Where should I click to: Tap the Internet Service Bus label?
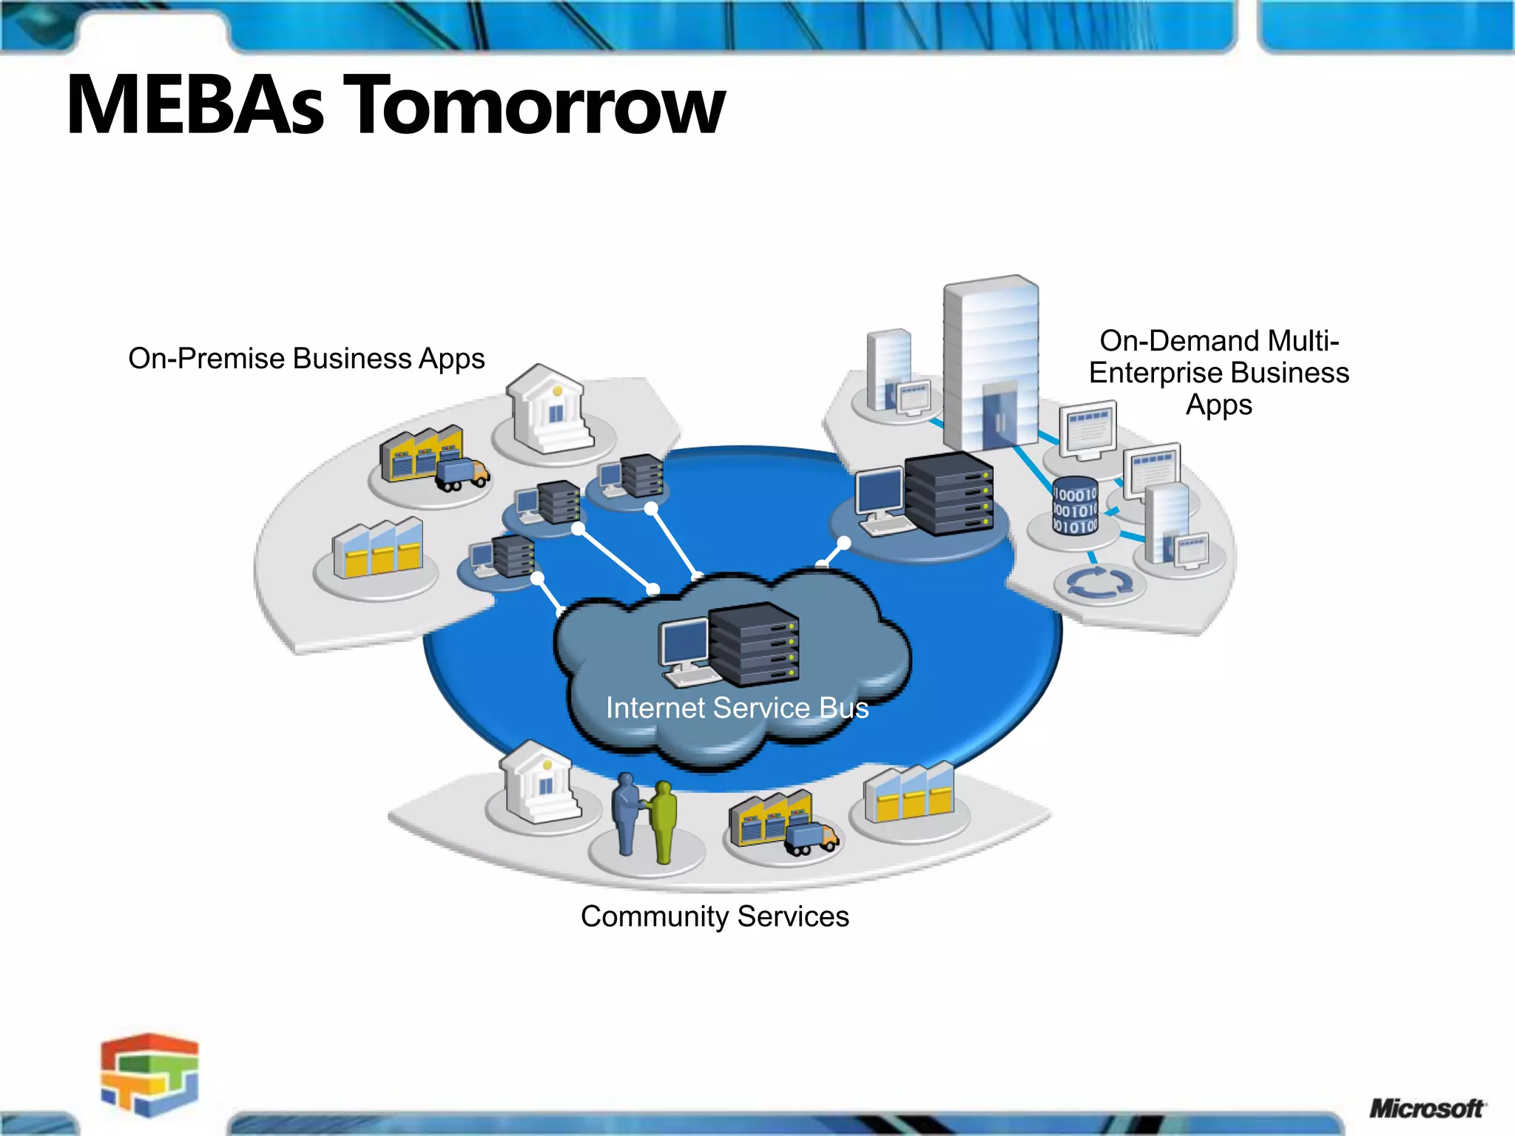coord(737,708)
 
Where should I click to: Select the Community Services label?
coord(715,916)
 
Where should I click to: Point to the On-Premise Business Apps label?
coord(306,359)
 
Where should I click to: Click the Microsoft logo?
coord(1426,1108)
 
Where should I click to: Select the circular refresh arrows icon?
coord(1099,583)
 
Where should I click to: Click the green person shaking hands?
coord(664,821)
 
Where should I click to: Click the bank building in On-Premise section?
coord(551,409)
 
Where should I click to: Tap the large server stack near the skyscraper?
coord(949,493)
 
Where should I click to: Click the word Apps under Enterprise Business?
coord(1218,405)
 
